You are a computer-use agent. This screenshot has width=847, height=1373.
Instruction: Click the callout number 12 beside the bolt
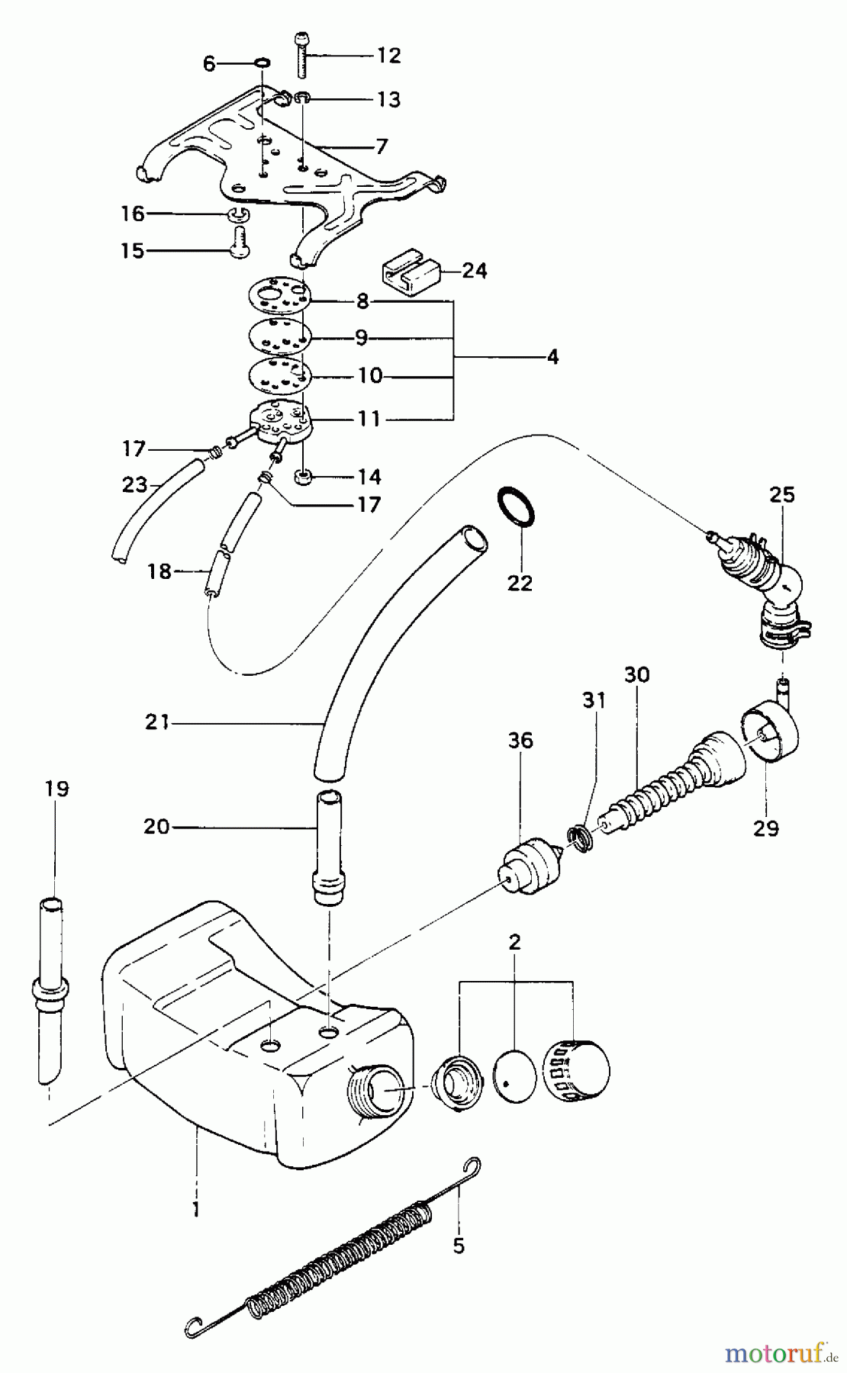(x=388, y=55)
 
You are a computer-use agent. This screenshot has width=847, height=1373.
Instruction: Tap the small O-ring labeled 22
(x=517, y=507)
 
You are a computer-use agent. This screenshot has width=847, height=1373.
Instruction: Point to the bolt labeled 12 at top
(x=298, y=55)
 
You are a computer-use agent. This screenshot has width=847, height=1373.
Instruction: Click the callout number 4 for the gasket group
(x=552, y=356)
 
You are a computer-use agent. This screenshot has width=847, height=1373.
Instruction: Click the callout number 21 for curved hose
(x=156, y=722)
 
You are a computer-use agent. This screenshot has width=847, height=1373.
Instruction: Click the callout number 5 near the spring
(x=458, y=1246)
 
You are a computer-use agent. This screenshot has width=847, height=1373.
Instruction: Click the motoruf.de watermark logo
(x=778, y=1353)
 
